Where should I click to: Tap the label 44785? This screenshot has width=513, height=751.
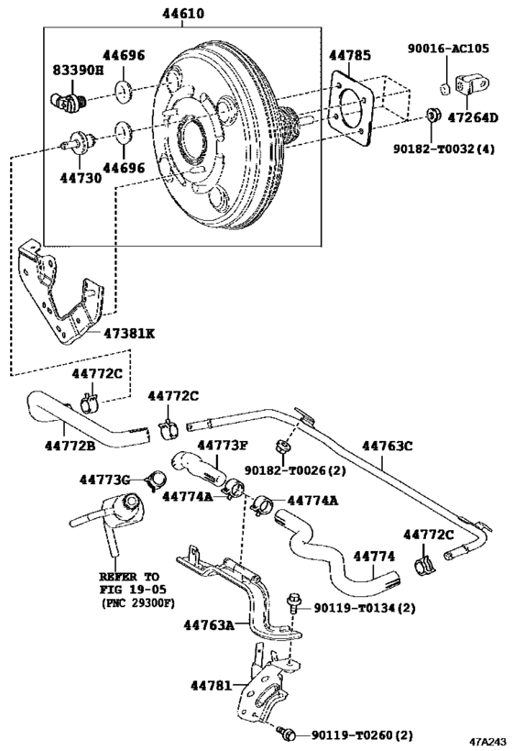coord(351,56)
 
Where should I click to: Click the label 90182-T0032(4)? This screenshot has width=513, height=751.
coord(443,146)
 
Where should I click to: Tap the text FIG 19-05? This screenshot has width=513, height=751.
coord(127,591)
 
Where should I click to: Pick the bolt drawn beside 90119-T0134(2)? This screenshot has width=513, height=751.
coord(293,603)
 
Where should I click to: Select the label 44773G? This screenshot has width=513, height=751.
coord(104,479)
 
